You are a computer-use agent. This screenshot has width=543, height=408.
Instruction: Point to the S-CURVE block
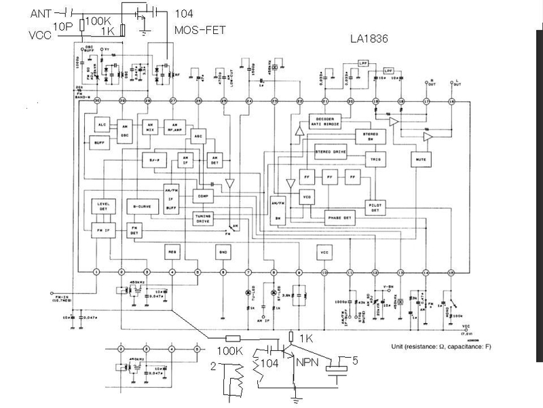click(x=141, y=205)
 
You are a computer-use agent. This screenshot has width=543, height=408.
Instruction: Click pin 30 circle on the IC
click(x=97, y=102)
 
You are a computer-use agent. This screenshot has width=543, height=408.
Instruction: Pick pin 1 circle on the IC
click(x=97, y=272)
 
